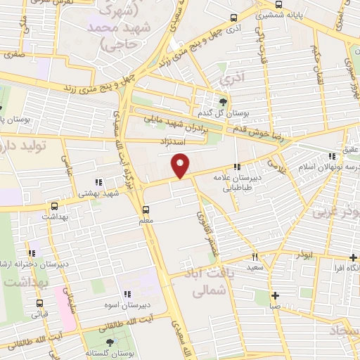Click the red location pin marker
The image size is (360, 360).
click(181, 165)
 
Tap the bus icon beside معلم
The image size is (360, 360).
click(146, 210)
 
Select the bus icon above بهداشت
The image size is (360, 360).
click(54, 207)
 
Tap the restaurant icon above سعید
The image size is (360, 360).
click(255, 257)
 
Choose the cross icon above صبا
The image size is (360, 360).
click(275, 295)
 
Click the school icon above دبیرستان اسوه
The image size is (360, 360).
click(127, 294)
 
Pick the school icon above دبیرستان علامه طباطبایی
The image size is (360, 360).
click(238, 167)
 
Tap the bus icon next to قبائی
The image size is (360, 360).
click(38, 304)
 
